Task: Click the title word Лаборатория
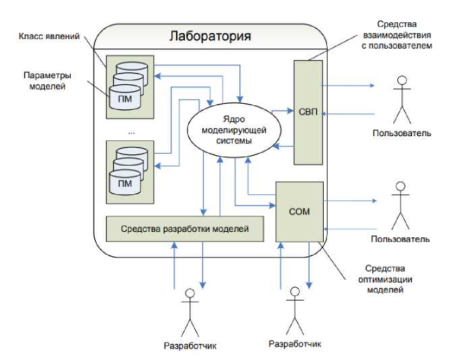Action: pyautogui.click(x=210, y=36)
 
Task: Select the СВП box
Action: pyautogui.click(x=308, y=112)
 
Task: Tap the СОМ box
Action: pyautogui.click(x=299, y=211)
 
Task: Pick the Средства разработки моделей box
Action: pyautogui.click(x=185, y=229)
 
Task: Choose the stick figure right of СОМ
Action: pyautogui.click(x=401, y=203)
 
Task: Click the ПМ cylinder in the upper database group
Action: pyautogui.click(x=125, y=99)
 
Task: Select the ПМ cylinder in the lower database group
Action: pyautogui.click(x=125, y=183)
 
